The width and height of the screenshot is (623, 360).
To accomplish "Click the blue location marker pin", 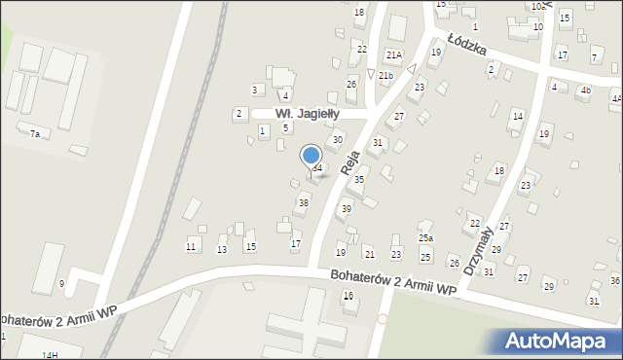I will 311,156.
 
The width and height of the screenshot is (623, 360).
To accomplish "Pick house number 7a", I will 34,133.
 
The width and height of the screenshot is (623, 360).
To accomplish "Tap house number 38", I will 303,202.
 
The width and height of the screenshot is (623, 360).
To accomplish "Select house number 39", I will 346,209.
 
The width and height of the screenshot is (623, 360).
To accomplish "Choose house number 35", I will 358,179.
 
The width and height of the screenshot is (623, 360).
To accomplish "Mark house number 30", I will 337,140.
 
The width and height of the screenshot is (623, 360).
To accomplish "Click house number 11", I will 192,247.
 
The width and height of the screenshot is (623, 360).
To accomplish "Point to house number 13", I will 222,250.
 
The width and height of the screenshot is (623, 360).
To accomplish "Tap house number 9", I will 61,283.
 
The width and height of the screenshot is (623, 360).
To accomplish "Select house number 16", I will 348,296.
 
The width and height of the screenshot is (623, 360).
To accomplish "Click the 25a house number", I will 425,237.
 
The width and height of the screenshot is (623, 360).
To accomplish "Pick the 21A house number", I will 393,55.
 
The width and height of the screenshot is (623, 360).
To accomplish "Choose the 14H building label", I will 50,355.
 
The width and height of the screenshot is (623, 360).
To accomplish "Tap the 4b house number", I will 585,90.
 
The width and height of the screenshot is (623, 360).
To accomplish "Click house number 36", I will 614,280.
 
